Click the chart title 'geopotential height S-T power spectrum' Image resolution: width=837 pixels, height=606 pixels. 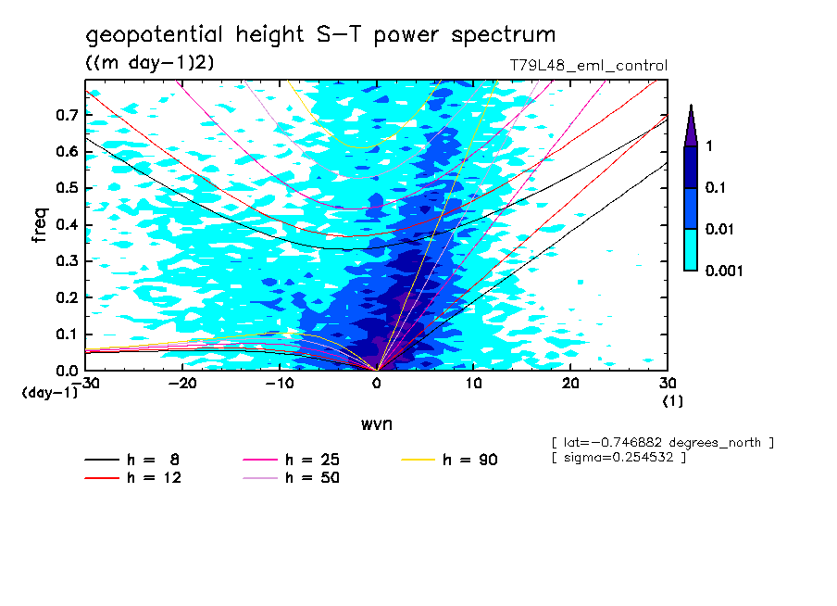(320, 35)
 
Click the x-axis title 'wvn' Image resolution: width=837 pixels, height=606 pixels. (376, 423)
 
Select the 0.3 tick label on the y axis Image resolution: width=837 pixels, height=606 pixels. (66, 261)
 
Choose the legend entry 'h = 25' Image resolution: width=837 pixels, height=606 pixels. (310, 460)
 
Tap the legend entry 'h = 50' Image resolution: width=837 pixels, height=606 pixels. (310, 477)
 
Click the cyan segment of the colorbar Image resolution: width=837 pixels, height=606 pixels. (691, 249)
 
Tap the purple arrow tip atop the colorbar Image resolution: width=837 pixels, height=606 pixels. (691, 125)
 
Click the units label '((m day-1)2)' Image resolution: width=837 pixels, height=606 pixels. (150, 62)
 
